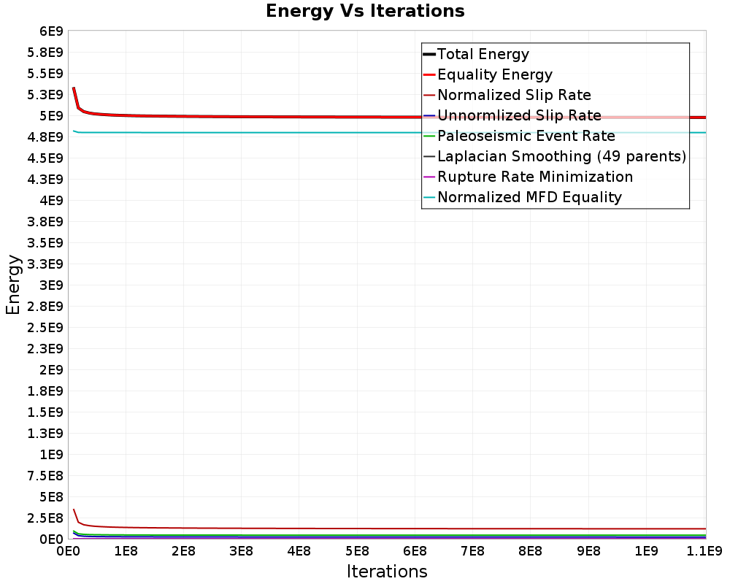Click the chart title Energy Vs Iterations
365,11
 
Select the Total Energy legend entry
476,54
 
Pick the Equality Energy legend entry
488,74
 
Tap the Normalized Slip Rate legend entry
507,95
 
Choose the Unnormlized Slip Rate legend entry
512,115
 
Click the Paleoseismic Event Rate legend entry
519,136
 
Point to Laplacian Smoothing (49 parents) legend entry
555,156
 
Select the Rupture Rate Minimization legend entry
528,177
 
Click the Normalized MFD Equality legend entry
523,197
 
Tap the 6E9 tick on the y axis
51,31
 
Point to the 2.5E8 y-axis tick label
45,518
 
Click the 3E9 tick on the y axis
51,285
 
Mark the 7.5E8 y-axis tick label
45,476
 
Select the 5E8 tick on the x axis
357,551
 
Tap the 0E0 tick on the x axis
69,551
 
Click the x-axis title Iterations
387,571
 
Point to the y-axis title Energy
13,285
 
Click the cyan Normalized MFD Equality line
390,133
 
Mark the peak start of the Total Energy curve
74,88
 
